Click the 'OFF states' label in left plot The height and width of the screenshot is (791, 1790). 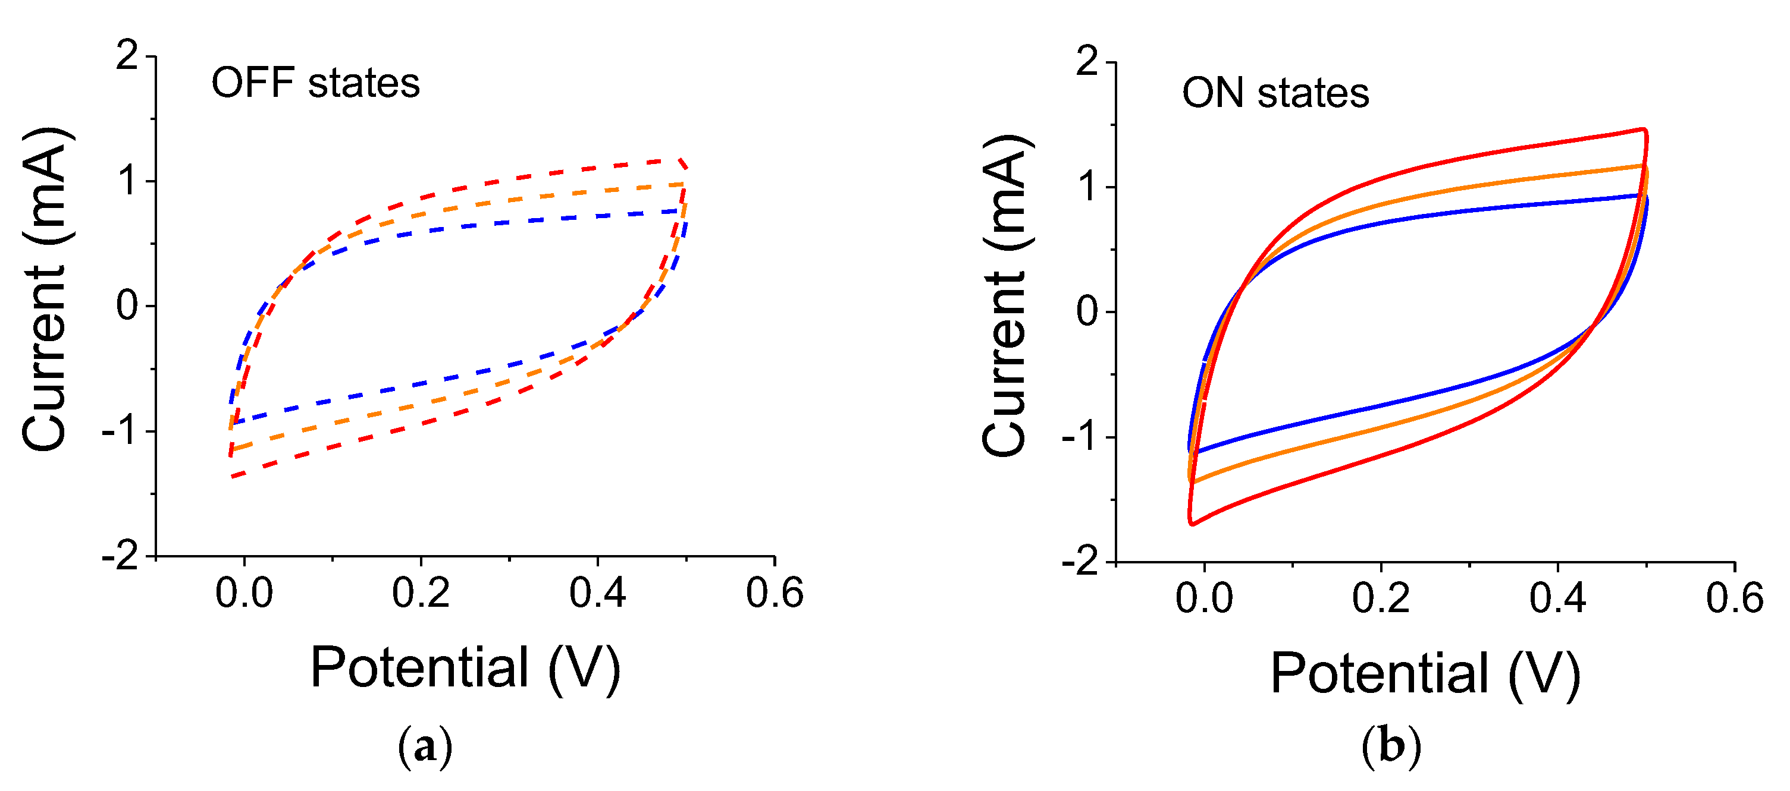(315, 83)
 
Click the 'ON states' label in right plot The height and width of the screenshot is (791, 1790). (1275, 93)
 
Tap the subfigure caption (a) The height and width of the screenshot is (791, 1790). (425, 746)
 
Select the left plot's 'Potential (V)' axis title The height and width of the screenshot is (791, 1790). (465, 668)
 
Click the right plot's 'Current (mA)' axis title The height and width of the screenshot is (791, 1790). (1005, 295)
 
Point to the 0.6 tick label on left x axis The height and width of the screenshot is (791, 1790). (775, 594)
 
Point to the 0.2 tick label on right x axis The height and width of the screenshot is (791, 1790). (1381, 598)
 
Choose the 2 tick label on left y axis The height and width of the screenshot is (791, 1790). (127, 55)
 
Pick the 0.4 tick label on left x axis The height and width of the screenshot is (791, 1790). (598, 594)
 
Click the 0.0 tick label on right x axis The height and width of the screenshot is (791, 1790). (1204, 598)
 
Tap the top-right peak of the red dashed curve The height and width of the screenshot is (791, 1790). (681, 160)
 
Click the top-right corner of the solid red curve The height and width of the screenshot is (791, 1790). (1644, 129)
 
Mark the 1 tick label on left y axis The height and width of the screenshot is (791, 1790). (127, 181)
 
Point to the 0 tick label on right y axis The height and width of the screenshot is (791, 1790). (1087, 312)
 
